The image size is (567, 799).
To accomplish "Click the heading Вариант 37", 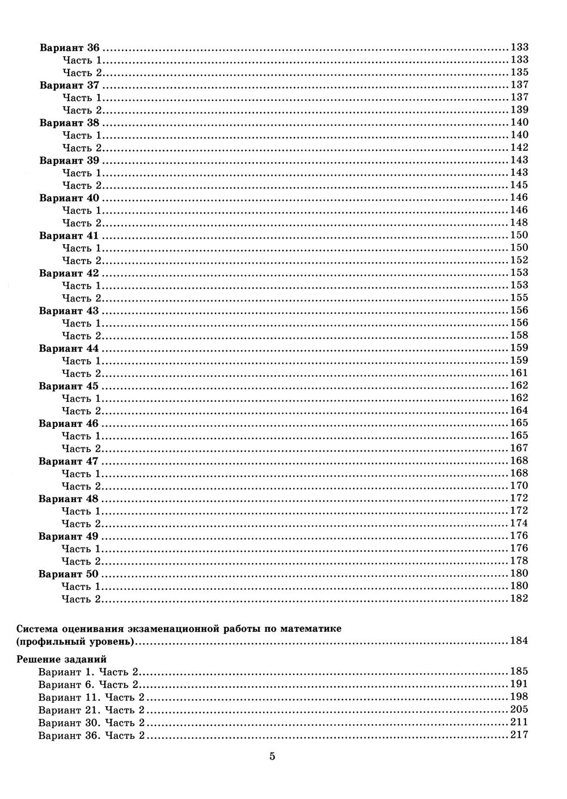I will pos(69,85).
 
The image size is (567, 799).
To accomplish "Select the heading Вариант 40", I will pos(69,198).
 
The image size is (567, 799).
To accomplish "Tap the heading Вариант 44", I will pos(69,348).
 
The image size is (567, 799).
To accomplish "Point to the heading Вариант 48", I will pos(69,499).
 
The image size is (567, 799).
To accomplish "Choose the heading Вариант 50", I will pos(69,574).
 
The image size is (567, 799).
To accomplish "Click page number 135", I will pos(519,72).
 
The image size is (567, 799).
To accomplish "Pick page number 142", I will pos(519,147).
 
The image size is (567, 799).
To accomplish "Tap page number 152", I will pos(519,260).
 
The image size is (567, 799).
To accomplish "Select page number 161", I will pos(519,373).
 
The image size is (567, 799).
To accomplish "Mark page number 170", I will pos(519,486).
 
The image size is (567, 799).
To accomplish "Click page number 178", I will pos(519,561).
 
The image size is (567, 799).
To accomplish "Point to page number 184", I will pos(519,641).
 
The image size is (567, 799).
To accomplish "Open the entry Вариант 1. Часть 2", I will pos(88,672).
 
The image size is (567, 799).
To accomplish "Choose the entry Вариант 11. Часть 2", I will pos(91,697).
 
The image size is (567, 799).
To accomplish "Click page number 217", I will pos(519,735).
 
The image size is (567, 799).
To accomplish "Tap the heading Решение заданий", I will pos(62,660).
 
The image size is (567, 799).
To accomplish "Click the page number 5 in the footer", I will pos(273,756).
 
